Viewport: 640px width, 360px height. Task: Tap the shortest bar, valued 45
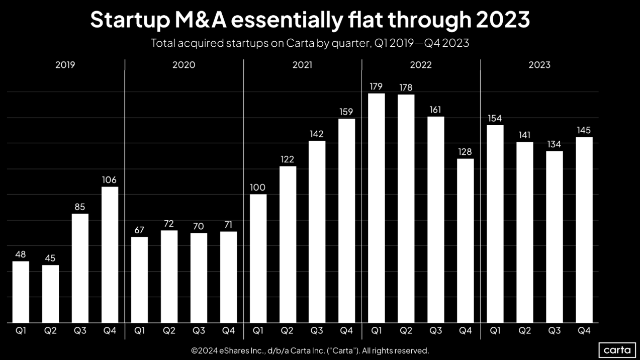coord(50,294)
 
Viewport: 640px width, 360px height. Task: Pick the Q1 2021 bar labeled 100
coord(258,258)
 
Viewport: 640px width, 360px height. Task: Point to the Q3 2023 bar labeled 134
coord(555,237)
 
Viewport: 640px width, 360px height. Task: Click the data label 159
coord(346,112)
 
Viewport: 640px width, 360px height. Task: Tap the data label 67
coord(139,230)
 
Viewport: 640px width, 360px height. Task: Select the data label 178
coord(406,87)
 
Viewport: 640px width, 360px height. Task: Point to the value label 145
coord(584,130)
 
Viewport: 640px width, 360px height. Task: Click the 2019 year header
coord(65,65)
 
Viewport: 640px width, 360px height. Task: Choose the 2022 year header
coord(421,65)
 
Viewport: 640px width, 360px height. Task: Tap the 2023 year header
coord(539,65)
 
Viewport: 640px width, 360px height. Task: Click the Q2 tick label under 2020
coord(169,330)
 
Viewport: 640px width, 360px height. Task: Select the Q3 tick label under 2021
coord(317,330)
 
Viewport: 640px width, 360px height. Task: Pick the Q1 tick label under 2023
coord(495,330)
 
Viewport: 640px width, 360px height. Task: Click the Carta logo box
coord(617,350)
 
